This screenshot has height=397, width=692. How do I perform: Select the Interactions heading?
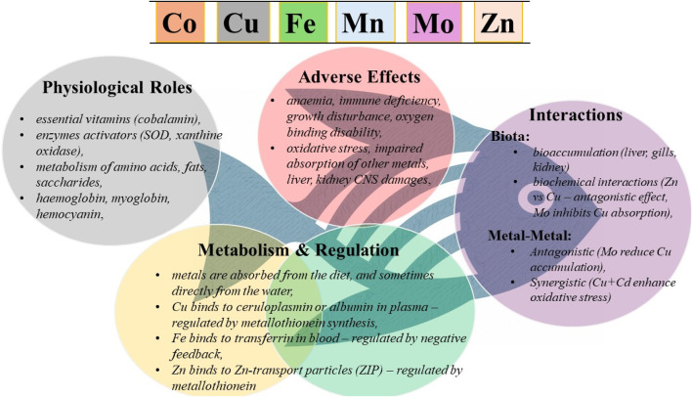click(x=576, y=115)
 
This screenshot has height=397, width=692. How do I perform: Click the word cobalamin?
click(x=179, y=119)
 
